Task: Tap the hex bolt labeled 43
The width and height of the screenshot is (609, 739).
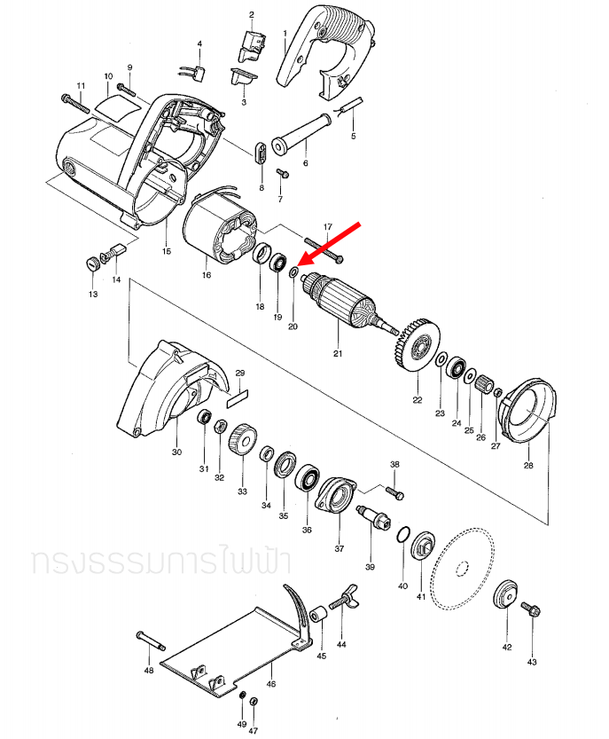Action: [x=532, y=610]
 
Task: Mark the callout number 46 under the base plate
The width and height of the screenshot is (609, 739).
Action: [x=271, y=685]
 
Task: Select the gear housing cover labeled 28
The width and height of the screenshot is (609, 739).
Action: [x=530, y=410]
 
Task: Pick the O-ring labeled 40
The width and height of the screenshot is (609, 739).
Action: [x=402, y=535]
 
